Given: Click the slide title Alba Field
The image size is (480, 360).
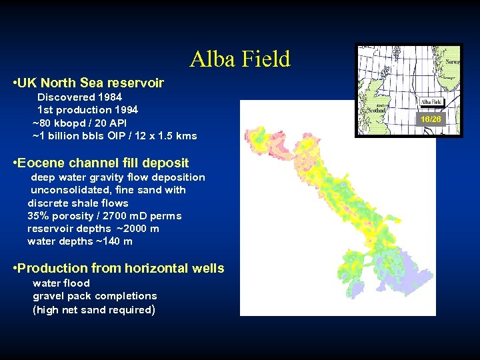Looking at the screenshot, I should coord(240,59).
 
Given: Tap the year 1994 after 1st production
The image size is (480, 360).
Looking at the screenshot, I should coord(127,110).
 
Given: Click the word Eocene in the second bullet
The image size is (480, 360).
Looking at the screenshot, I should coord(41,163).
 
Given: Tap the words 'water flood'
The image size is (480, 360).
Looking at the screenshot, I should coord(61,283).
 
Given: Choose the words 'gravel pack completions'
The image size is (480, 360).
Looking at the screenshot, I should coord(95,296).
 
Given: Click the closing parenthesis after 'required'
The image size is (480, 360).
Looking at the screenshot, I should coord(154,310).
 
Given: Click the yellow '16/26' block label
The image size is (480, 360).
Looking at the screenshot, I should coord(431,119).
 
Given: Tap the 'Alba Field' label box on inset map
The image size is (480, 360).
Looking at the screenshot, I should coord(431,103).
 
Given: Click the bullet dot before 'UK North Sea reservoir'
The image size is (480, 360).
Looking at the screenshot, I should coord(15,83).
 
